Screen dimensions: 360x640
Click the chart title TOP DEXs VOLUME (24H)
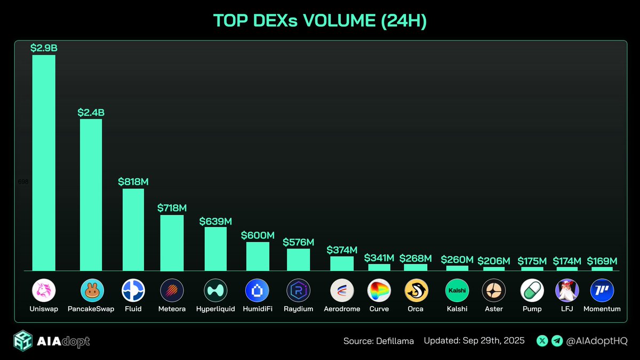pyautogui.click(x=319, y=20)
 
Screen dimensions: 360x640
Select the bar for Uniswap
pyautogui.click(x=44, y=163)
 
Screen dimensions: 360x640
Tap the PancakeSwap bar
pyautogui.click(x=91, y=195)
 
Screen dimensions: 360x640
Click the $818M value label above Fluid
pyautogui.click(x=133, y=182)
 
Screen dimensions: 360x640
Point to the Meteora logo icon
pyautogui.click(x=172, y=291)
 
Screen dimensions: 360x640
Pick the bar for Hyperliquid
pyautogui.click(x=215, y=249)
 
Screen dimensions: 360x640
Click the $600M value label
pyautogui.click(x=258, y=235)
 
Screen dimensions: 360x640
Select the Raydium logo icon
pyautogui.click(x=298, y=291)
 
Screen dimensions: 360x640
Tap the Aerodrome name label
pyautogui.click(x=342, y=309)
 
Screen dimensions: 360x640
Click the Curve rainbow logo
pyautogui.click(x=379, y=291)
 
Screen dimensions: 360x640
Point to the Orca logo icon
pyautogui.click(x=416, y=291)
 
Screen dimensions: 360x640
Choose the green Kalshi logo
pyautogui.click(x=457, y=291)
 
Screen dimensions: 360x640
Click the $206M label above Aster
pyautogui.click(x=494, y=261)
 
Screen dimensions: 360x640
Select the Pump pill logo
pyautogui.click(x=532, y=291)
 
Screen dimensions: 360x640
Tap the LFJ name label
pyautogui.click(x=567, y=309)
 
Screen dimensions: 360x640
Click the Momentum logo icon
pyautogui.click(x=602, y=291)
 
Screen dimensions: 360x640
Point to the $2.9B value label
pyautogui.click(x=44, y=48)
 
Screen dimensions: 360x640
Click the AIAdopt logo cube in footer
pyautogui.click(x=24, y=340)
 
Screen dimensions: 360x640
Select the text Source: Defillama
pyautogui.click(x=379, y=340)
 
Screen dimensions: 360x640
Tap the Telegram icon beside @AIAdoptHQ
pyautogui.click(x=556, y=340)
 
